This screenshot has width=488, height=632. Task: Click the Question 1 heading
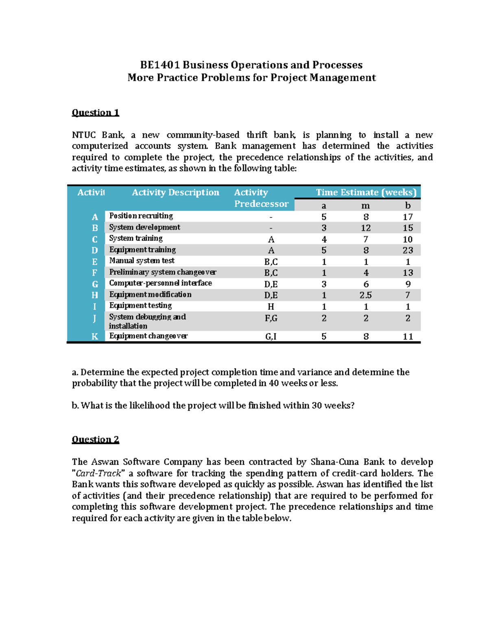[96, 113]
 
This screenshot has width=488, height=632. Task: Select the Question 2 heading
[96, 440]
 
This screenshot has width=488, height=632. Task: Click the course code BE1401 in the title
[160, 65]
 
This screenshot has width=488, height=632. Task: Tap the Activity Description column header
[175, 192]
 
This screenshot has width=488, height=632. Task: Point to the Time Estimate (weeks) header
[366, 192]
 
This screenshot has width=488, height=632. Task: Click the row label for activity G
[95, 284]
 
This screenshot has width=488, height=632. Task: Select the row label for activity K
[95, 336]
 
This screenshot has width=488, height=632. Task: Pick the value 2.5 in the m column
[366, 295]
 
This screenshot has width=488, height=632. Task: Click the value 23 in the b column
[408, 250]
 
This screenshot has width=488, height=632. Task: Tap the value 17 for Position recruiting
[408, 217]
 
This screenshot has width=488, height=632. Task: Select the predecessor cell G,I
[271, 336]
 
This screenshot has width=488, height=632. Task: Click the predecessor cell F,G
[271, 318]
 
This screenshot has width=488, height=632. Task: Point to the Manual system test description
[142, 261]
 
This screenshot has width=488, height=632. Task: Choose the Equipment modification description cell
[150, 295]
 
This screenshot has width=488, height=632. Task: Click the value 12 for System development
[366, 228]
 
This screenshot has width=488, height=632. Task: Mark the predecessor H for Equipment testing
[271, 306]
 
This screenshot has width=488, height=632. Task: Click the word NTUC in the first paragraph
[84, 135]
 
